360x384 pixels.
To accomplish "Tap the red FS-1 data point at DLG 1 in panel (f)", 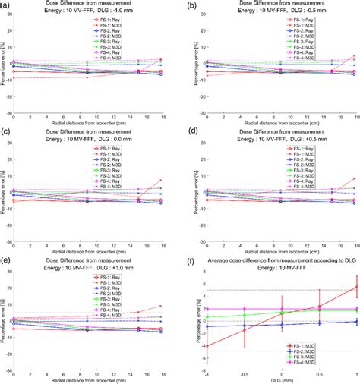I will (x=355, y=286).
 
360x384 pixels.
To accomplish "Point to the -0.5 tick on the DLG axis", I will (x=243, y=376).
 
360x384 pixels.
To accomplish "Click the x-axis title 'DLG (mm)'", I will (x=280, y=382).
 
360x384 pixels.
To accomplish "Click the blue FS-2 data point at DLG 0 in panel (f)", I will (x=281, y=325).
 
